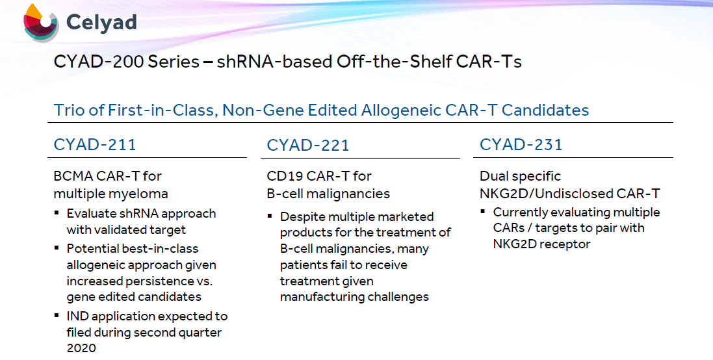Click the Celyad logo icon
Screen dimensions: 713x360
coord(41,23)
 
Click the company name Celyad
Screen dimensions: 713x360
coord(101,22)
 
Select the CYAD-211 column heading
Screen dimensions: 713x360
coord(95,144)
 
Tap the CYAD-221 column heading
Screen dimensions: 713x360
coord(308,145)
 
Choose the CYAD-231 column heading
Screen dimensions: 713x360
coord(521,144)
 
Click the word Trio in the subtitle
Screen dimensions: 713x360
coord(69,110)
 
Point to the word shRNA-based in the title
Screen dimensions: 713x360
coord(274,61)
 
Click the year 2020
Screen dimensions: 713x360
coord(81,348)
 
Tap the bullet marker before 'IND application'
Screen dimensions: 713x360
coord(57,315)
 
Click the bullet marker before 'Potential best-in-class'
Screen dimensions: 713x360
coord(57,248)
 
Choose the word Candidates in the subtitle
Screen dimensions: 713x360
coord(546,110)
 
